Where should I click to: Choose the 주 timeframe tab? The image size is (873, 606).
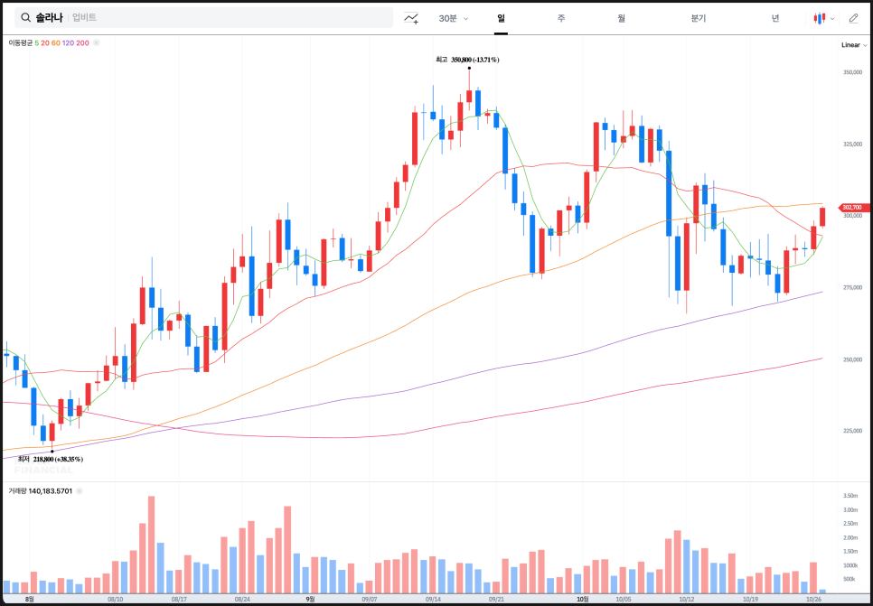click(x=561, y=18)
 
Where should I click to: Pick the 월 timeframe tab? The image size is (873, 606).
click(x=622, y=18)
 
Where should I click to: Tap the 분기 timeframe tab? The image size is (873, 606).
click(x=698, y=18)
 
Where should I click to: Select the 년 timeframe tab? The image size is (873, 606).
click(x=775, y=18)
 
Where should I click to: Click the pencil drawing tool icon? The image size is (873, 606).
click(x=853, y=18)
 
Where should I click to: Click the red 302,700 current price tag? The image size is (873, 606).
click(x=851, y=207)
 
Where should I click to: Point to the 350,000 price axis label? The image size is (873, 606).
click(x=852, y=72)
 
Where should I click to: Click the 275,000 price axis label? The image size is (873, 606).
click(x=852, y=287)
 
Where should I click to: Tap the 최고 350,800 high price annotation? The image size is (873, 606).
click(x=468, y=60)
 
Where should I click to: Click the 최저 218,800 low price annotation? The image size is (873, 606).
click(x=52, y=459)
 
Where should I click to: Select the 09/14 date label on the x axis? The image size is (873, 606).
click(x=433, y=599)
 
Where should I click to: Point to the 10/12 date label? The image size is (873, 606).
click(x=686, y=599)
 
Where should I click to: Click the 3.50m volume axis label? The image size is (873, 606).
click(x=850, y=496)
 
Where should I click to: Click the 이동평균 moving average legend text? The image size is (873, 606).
click(x=20, y=42)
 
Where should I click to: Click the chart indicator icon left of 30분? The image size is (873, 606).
click(x=412, y=18)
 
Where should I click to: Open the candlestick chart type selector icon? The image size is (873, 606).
click(x=821, y=18)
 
